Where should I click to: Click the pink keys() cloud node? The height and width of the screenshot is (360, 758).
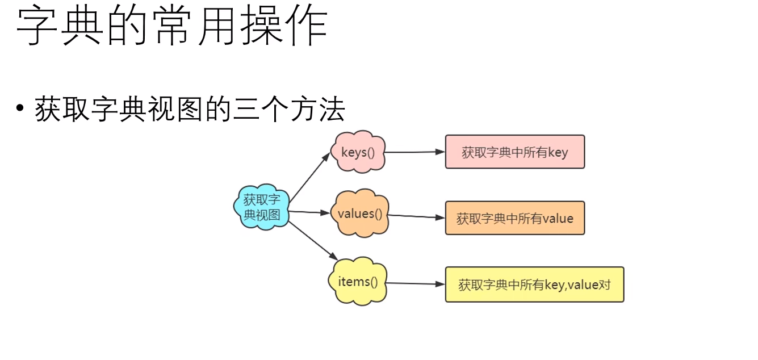(358, 152)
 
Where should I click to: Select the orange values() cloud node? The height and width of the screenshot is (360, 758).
(360, 214)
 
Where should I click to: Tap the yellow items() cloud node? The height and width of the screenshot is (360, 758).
(358, 282)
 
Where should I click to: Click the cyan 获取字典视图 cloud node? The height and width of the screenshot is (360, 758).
(262, 207)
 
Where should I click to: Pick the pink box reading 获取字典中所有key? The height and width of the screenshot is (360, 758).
(514, 152)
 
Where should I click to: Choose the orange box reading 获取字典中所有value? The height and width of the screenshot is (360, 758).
(514, 218)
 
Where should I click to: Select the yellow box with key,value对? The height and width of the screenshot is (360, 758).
(534, 284)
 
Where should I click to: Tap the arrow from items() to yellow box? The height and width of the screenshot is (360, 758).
(414, 283)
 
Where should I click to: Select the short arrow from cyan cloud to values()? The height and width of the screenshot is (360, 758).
(309, 213)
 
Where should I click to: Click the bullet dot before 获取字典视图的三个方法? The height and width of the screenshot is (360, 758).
(21, 108)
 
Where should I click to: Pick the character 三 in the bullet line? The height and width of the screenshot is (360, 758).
(246, 109)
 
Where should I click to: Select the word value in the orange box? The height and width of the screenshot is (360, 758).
(558, 219)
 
